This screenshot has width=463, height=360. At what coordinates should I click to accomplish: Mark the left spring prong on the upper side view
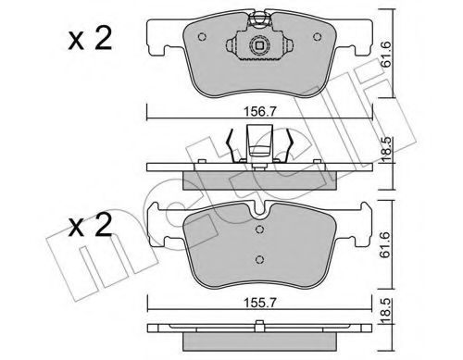[x=231, y=143]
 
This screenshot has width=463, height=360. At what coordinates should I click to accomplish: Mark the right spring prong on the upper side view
[x=293, y=143]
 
